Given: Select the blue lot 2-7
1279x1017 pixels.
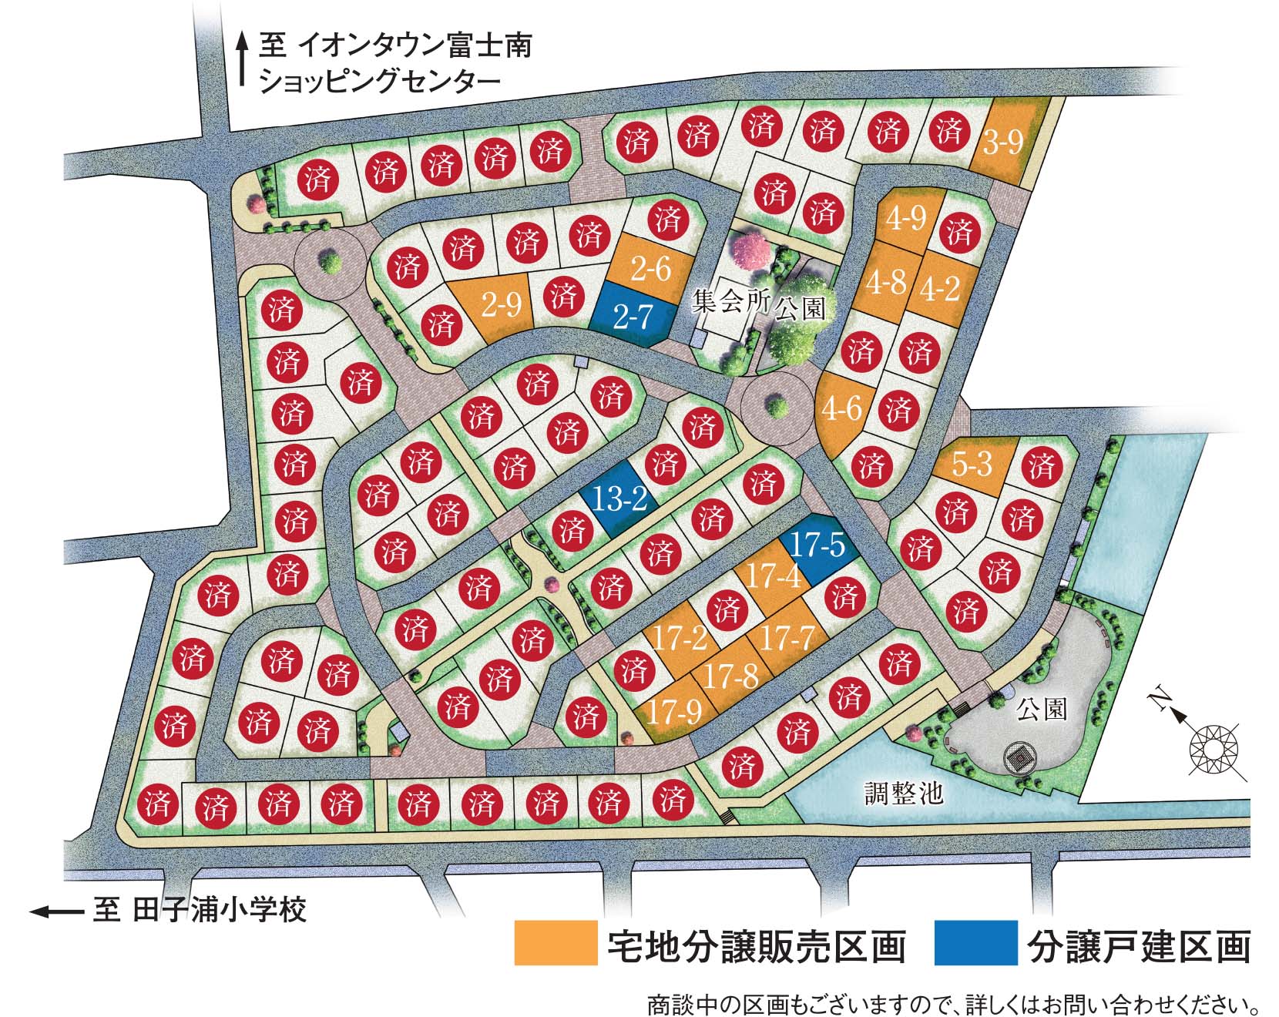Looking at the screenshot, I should (x=633, y=314).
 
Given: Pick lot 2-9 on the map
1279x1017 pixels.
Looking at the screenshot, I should (x=501, y=307).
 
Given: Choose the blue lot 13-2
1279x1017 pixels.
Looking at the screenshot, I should (x=620, y=499).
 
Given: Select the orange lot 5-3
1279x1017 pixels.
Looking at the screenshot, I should (x=972, y=465).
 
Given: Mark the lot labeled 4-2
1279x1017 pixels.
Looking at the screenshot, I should (x=940, y=288).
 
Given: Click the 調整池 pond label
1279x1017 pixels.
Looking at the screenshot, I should (x=904, y=792).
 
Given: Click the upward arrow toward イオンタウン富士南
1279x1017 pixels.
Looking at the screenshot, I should (x=242, y=59).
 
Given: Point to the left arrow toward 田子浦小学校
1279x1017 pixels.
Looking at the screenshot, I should (x=55, y=911).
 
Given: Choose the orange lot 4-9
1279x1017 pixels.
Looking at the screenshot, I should (x=905, y=218).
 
